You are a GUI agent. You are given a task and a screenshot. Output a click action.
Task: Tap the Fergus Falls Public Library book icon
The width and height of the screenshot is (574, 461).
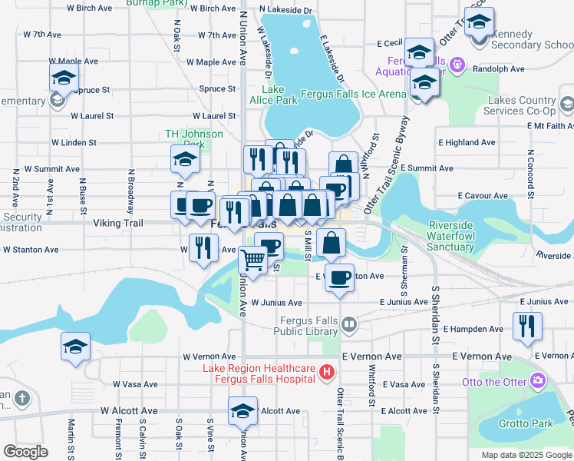349,325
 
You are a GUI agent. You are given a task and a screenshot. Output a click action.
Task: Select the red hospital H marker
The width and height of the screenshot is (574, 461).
328,373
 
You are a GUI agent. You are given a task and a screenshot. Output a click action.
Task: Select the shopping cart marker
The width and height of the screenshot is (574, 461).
252,260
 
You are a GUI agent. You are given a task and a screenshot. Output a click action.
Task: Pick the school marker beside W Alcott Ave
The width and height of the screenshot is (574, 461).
243,412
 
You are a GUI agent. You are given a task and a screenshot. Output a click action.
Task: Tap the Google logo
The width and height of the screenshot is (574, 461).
25,452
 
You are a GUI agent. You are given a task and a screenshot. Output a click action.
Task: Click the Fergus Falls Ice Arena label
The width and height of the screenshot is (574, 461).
353,94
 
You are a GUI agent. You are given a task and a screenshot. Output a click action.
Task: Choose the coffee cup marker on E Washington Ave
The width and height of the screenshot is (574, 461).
340,277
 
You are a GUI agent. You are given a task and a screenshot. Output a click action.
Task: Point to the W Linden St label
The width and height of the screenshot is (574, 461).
74,142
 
